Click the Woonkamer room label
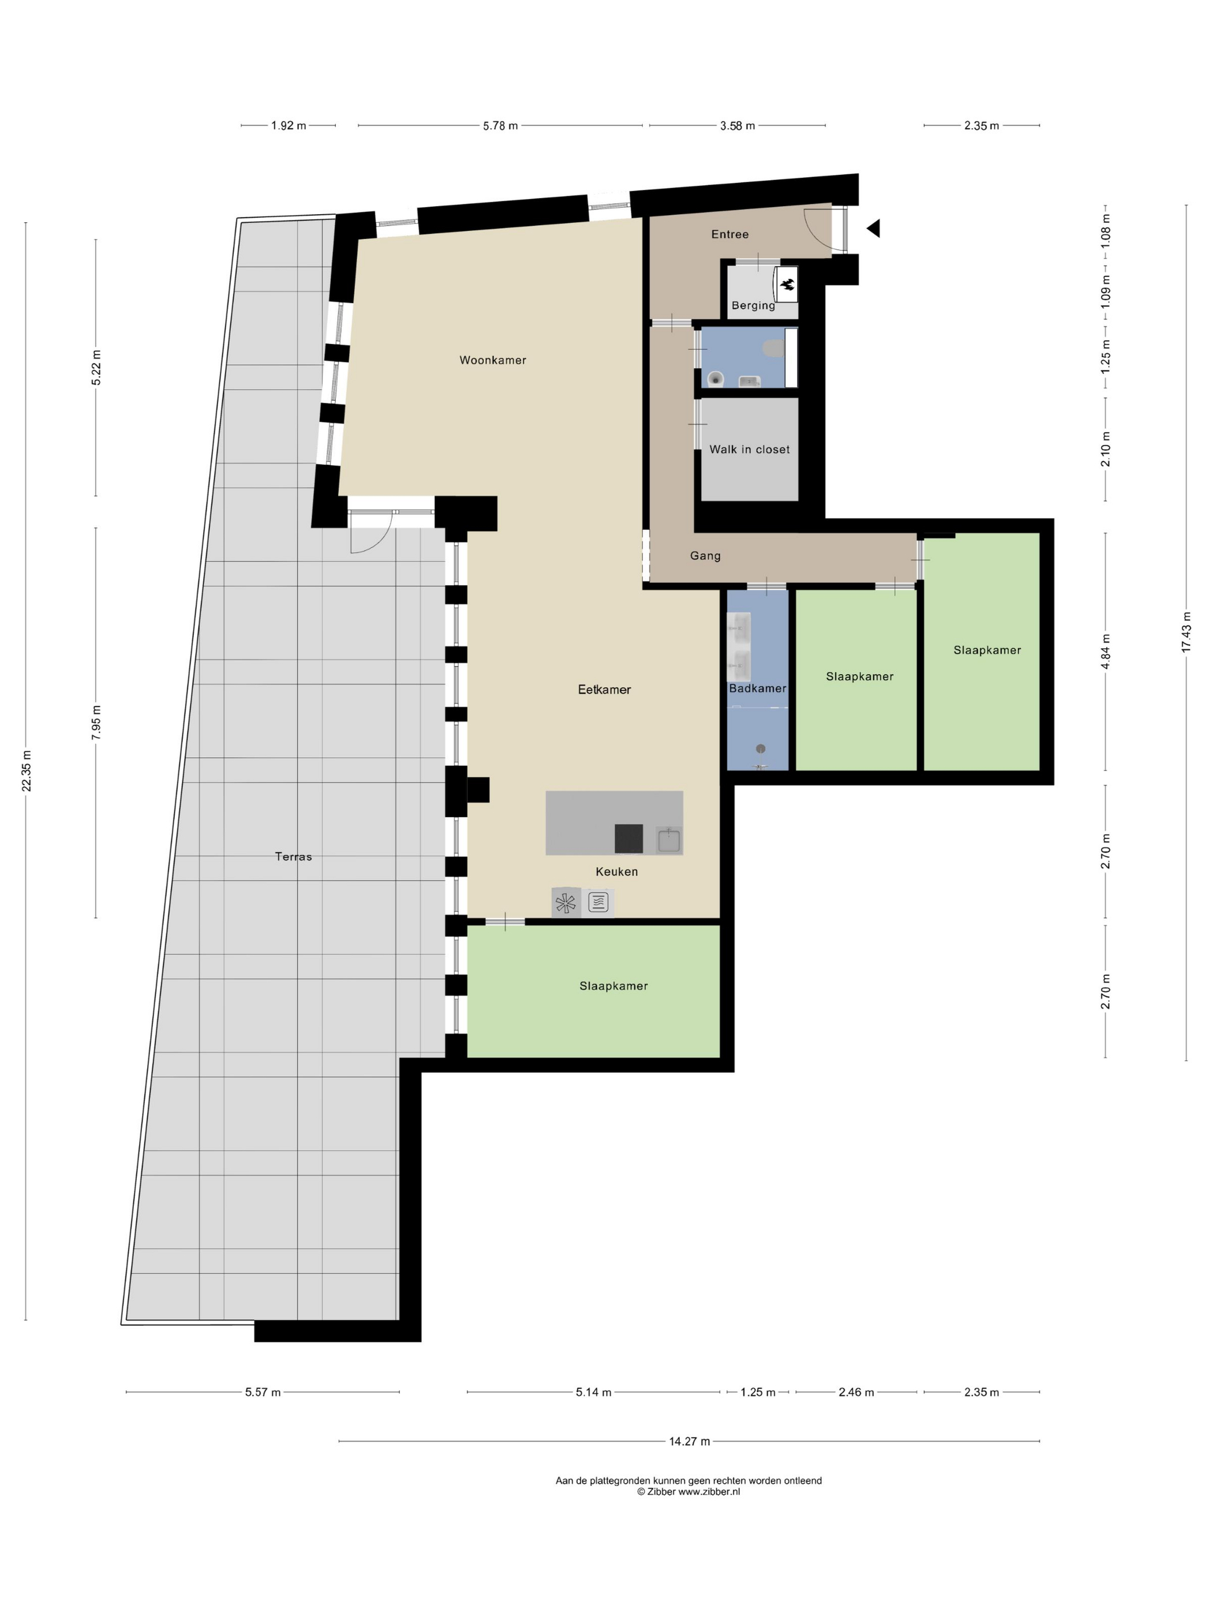492,360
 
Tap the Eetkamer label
604,689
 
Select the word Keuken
616,871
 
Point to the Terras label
293,856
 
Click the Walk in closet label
750,449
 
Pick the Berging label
753,305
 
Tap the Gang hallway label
705,556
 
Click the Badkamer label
758,688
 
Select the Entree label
730,234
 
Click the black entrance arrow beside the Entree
874,229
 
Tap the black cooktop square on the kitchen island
629,838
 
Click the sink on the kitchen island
668,840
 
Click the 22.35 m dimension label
27,770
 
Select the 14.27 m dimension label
690,1441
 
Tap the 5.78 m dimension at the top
500,126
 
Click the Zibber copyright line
688,1492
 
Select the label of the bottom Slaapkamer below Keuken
614,986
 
